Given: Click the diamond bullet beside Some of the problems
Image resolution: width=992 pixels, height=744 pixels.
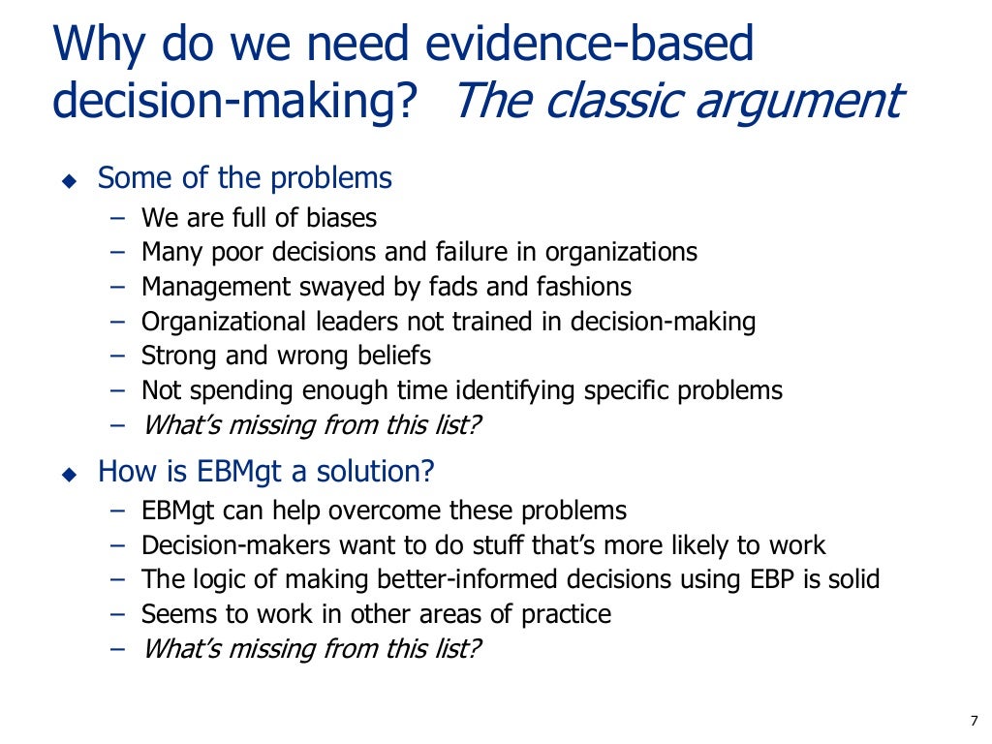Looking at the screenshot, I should (68, 181).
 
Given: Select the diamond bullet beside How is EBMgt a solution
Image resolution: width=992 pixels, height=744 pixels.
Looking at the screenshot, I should (68, 475).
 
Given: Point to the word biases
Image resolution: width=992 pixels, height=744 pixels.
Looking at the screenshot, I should (338, 218).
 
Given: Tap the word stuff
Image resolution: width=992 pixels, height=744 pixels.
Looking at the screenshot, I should (457, 545).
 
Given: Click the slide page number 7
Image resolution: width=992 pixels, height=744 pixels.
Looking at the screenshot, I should (974, 720).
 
